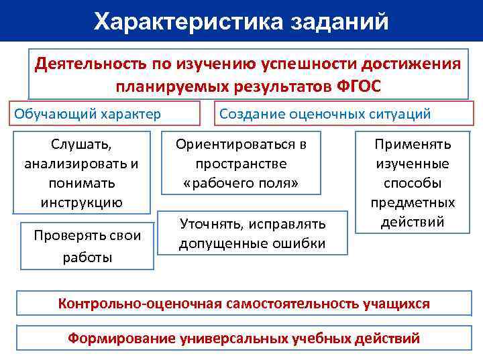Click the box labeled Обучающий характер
(x=88, y=113)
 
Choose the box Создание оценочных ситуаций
(x=325, y=113)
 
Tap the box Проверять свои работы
(x=87, y=246)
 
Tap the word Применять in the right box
(x=413, y=144)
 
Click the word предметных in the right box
(x=413, y=202)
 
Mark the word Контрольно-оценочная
(x=139, y=304)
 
